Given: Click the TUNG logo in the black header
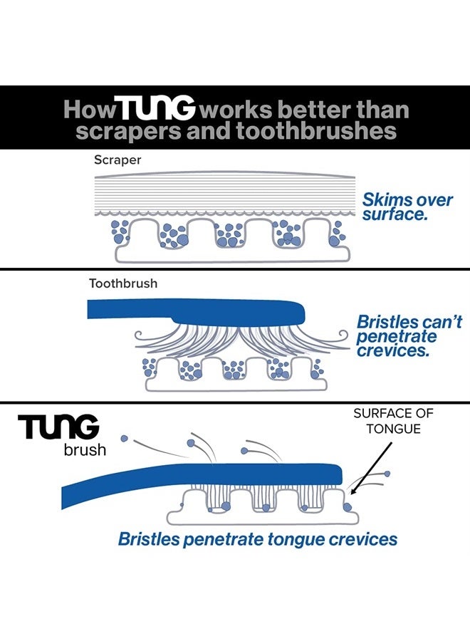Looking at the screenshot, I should (155, 109).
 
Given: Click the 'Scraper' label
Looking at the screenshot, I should (117, 160).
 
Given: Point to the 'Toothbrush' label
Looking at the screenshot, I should (123, 283).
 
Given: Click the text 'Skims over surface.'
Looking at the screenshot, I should (407, 207).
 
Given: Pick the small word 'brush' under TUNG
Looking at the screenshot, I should (85, 450).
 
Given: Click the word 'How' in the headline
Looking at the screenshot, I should (90, 110).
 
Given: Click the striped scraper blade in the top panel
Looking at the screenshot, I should (221, 193).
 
